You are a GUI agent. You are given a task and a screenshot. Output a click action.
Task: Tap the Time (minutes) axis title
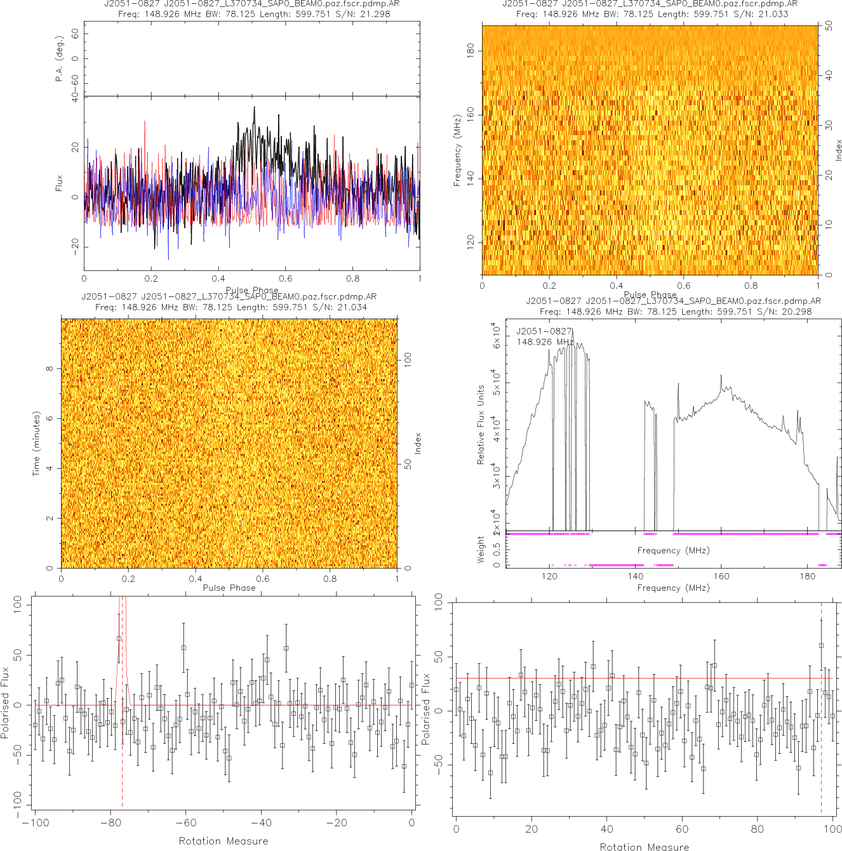pyautogui.click(x=36, y=444)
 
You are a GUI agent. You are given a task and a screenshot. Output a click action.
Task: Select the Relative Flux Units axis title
pyautogui.click(x=481, y=424)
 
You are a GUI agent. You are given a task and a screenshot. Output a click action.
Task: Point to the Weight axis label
pyautogui.click(x=481, y=550)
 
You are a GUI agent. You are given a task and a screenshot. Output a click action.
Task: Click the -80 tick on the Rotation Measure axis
pyautogui.click(x=110, y=823)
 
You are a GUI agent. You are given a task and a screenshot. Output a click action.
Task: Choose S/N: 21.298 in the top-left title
pyautogui.click(x=367, y=14)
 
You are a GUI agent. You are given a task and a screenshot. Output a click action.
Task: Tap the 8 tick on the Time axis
pyautogui.click(x=50, y=369)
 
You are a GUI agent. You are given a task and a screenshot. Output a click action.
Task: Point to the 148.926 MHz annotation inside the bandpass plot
pyautogui.click(x=545, y=342)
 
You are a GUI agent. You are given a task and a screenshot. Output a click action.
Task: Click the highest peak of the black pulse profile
pyautogui.click(x=254, y=107)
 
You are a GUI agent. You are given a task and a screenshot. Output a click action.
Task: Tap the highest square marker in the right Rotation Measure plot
pyautogui.click(x=821, y=645)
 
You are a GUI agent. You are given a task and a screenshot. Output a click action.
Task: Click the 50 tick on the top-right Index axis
pyautogui.click(x=829, y=26)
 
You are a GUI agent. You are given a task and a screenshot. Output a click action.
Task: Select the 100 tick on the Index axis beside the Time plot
pyautogui.click(x=408, y=359)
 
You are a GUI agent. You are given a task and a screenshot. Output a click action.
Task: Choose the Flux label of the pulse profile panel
pyautogui.click(x=60, y=183)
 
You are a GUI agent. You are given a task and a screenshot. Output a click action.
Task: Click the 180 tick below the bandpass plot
pyautogui.click(x=808, y=576)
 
